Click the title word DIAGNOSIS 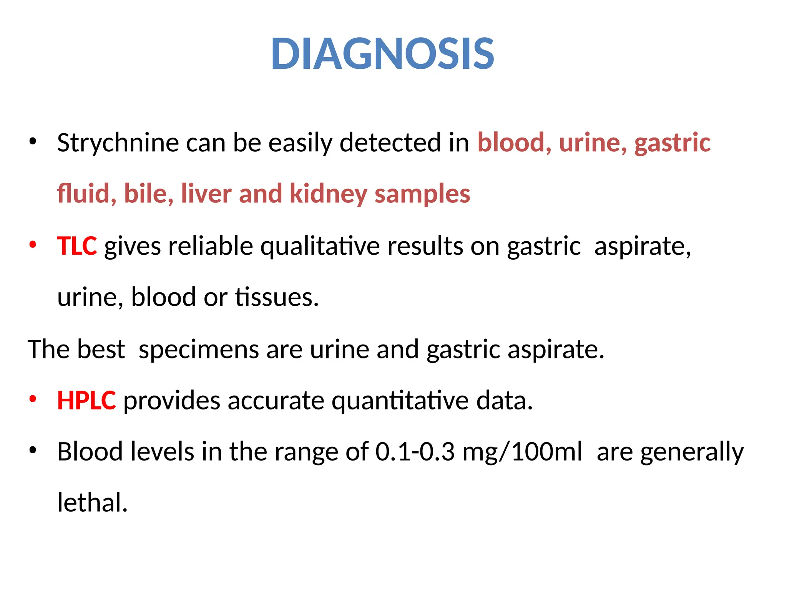coord(382,54)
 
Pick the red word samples coord(422,194)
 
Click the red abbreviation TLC coord(77,246)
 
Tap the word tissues coord(277,297)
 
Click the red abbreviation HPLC coord(86,401)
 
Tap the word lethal coord(92,502)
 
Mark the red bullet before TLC coord(33,245)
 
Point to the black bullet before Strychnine coord(33,142)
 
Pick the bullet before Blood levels coord(33,450)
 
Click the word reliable coord(211,246)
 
